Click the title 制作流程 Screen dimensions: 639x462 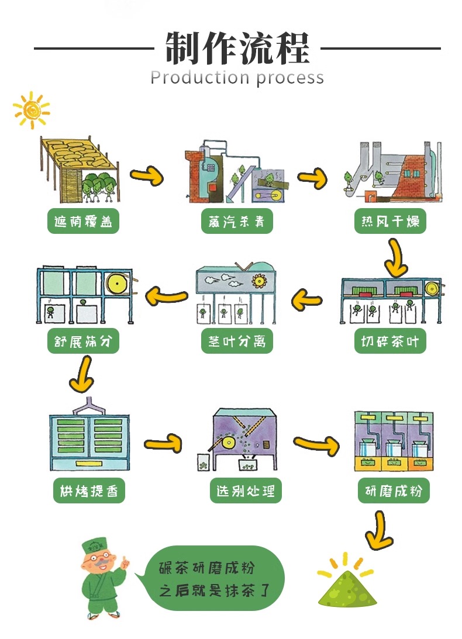click(x=237, y=47)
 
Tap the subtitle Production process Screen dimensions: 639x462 click(x=237, y=77)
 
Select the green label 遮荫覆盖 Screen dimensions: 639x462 click(x=83, y=222)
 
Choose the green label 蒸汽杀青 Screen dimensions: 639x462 click(x=236, y=222)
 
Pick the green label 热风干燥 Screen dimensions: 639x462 click(x=390, y=222)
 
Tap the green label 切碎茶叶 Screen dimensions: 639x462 click(x=390, y=341)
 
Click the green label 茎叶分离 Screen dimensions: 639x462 click(x=237, y=341)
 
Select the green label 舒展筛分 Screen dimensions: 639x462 click(x=83, y=341)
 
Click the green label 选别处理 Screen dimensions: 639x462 click(x=245, y=491)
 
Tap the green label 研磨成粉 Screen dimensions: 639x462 click(x=394, y=491)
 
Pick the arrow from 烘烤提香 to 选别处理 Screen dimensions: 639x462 click(x=163, y=444)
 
